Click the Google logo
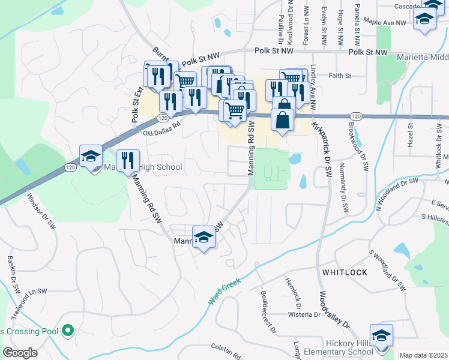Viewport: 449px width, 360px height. pos(20,353)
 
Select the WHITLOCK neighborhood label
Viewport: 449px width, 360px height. pos(345,272)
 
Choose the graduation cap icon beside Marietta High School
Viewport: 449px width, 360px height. pos(91,157)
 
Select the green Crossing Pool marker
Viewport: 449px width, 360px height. pos(68,330)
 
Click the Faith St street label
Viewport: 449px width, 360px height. pos(339,76)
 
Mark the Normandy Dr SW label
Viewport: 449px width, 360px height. pos(344,188)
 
